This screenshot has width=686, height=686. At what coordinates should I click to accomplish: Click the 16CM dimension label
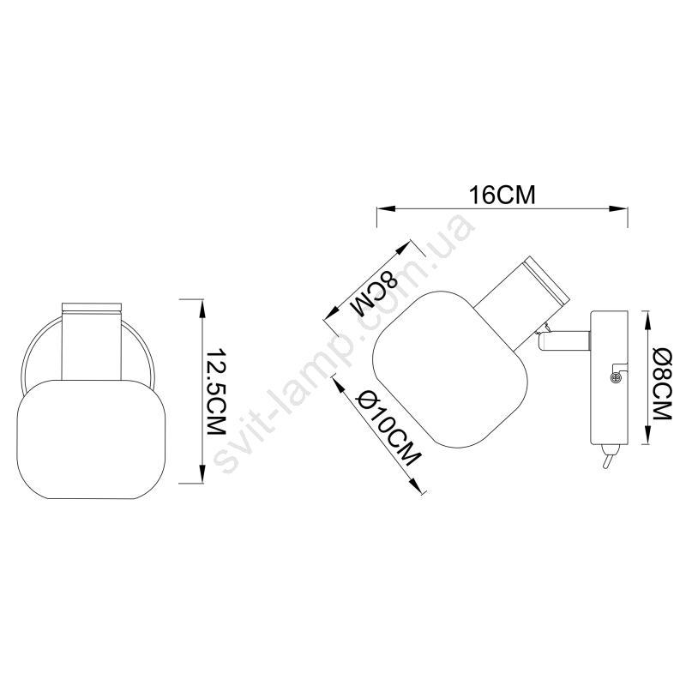pos(502,196)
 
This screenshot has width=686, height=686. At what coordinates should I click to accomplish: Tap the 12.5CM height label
pos(216,392)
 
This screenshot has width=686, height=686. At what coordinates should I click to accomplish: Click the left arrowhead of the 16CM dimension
pos(386,208)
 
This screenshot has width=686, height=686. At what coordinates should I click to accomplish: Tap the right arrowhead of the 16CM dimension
pos(618,208)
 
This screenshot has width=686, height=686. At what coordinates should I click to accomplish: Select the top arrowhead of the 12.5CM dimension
pos(202,309)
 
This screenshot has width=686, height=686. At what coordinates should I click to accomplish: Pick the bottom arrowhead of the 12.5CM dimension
pos(202,473)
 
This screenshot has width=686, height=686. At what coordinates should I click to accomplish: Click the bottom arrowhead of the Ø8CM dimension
pos(647,435)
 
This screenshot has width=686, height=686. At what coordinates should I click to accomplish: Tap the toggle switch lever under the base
pos(607,458)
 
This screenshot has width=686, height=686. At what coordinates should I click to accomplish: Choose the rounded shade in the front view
pos(92,439)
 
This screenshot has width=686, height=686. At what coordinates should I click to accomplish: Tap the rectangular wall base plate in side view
pos(609,376)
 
